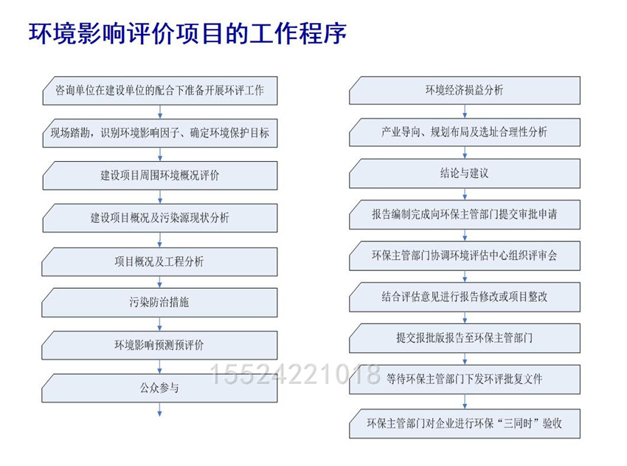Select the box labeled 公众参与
[159, 388]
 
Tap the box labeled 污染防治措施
[159, 303]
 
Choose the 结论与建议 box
[465, 174]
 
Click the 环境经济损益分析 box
[465, 91]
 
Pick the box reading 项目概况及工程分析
[159, 262]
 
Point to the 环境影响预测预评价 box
[159, 345]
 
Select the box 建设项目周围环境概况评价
[160, 175]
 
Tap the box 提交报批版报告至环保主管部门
[465, 338]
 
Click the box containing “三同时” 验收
[465, 424]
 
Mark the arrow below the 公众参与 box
[159, 410]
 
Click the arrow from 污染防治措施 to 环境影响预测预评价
[159, 324]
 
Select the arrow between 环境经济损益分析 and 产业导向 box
[465, 112]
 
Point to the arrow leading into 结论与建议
[465, 153]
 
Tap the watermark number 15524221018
[294, 374]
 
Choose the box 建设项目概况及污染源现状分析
[160, 218]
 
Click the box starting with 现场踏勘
[160, 133]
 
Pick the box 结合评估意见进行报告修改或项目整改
[465, 297]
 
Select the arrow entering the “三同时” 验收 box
[465, 402]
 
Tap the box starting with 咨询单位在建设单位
[160, 91]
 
